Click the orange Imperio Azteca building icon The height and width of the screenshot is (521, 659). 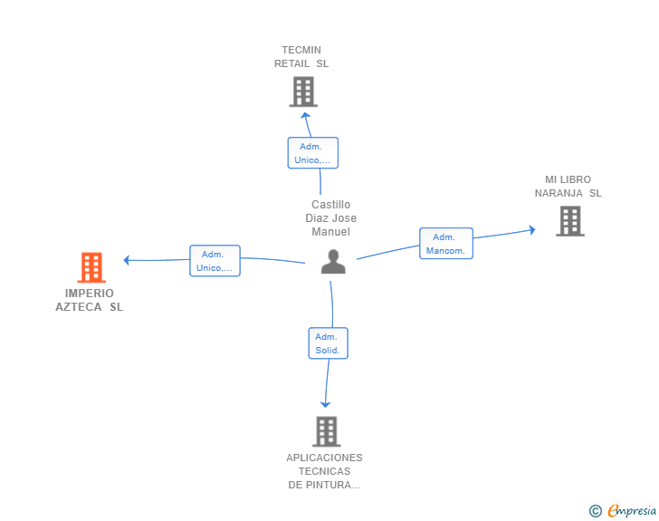pos(91,267)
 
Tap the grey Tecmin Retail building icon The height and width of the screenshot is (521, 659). pos(303,92)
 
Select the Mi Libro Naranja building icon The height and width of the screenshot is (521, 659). pos(569,220)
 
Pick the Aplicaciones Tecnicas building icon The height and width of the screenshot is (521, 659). pos(326,431)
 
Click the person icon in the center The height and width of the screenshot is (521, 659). pos(333,262)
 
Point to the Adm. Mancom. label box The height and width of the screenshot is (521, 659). pos(446,244)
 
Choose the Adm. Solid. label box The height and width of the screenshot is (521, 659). pos(328,343)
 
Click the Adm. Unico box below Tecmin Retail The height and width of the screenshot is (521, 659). pos(313,153)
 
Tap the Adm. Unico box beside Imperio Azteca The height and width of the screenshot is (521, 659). pos(215,261)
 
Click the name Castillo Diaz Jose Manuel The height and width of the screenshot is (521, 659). pos(331,218)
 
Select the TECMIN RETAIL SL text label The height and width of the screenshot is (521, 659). pos(301,57)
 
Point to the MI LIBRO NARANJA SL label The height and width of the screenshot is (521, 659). pos(568,187)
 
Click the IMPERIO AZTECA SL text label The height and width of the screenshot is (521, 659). pos(90,300)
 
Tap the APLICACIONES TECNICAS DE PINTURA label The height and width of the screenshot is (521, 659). pos(324,471)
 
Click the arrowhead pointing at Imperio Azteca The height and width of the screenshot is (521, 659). pos(128,260)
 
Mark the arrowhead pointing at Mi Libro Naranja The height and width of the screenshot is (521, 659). pos(531,229)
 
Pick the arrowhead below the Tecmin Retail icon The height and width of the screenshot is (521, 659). pos(306,114)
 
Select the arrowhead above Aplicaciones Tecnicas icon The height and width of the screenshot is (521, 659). pos(325,404)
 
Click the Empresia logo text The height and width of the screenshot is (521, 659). pos(632,511)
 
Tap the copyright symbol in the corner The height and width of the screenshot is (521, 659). pos(595,512)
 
